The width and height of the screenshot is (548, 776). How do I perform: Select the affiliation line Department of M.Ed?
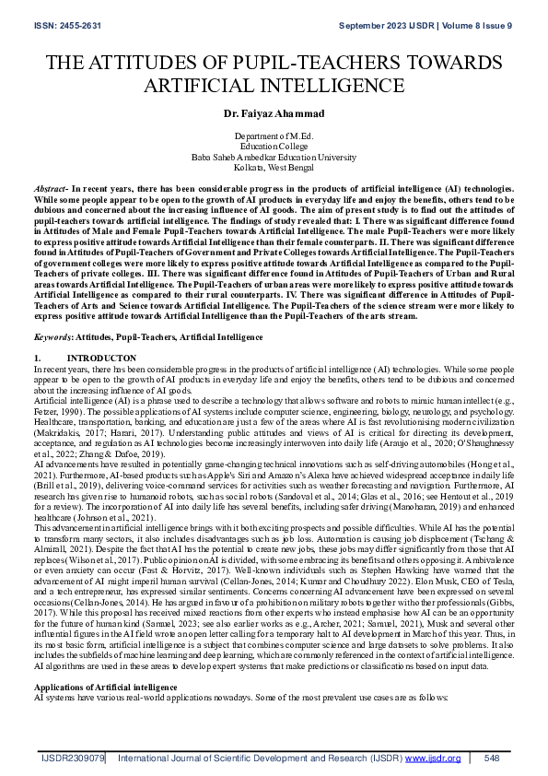click(274, 135)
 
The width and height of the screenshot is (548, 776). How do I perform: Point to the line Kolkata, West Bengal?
click(274, 167)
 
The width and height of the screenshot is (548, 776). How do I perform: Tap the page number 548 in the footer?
click(491, 758)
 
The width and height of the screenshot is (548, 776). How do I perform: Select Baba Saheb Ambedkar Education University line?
click(274, 157)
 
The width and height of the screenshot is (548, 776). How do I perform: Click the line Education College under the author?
click(274, 146)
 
